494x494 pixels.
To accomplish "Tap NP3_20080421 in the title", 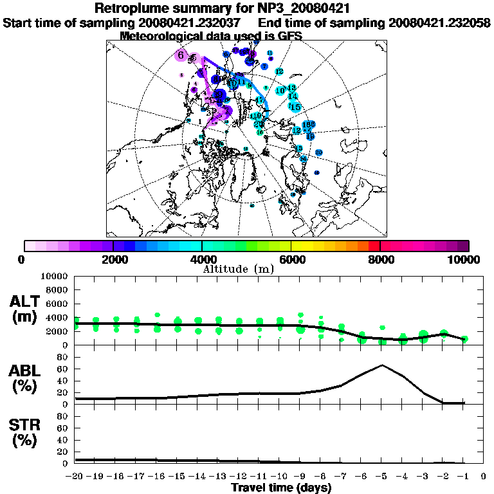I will [305, 9].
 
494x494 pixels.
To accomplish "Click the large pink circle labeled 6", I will [182, 55].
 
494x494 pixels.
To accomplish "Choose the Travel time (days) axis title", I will [281, 488].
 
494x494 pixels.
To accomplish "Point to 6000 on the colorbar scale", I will [291, 259].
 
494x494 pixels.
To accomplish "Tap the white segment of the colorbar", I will [30, 246].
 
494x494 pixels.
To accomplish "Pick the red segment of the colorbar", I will [374, 246].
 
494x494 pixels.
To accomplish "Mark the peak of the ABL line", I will [382, 365].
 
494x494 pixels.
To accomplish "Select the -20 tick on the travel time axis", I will [75, 477].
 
